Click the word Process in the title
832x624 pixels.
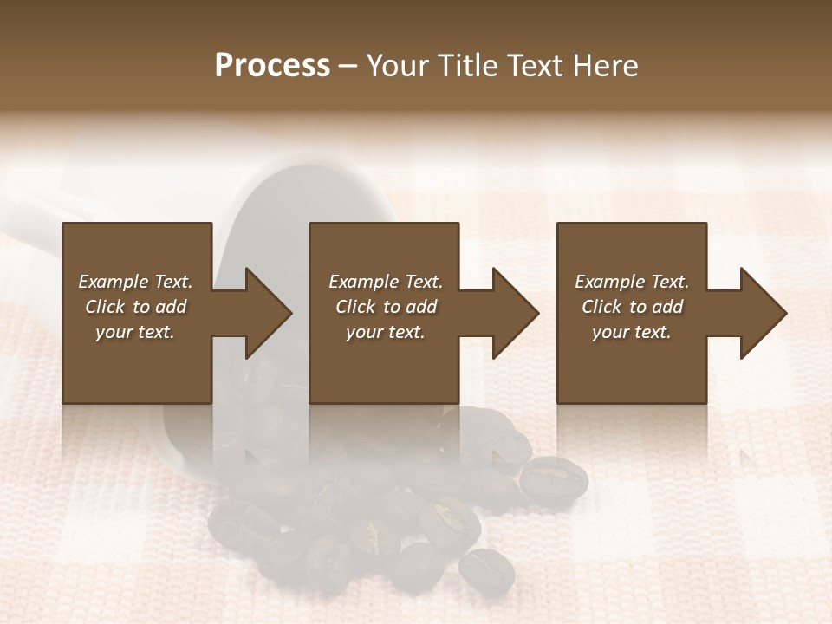272,66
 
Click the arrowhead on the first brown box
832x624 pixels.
260,313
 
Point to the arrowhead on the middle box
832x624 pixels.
508,313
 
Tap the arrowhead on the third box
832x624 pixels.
756,313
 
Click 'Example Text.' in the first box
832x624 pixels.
135,282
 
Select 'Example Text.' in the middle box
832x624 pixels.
386,282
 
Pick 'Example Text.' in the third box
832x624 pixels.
632,282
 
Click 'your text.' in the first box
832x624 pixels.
135,332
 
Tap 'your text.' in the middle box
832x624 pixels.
386,332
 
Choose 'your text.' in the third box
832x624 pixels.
632,332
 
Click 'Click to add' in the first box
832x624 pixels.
135,307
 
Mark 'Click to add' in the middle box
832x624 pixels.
386,307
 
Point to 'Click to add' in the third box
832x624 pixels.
632,307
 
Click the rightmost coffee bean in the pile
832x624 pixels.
553,477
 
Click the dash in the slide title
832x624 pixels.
348,67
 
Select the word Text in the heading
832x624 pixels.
535,66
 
